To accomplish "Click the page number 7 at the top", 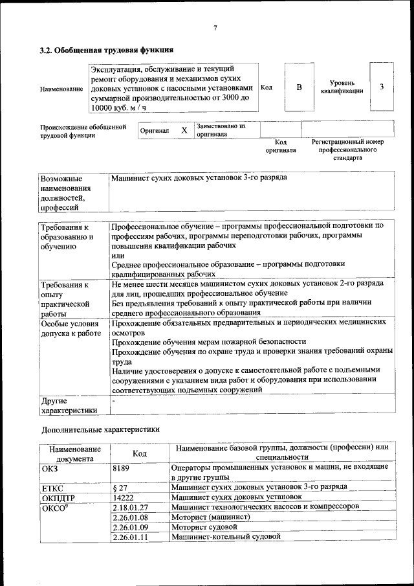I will [x=215, y=27].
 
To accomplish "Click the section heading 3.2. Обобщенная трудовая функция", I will [x=106, y=50].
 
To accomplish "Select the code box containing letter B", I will [x=299, y=87].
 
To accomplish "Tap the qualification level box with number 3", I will [x=382, y=87].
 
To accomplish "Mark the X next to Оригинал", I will [x=184, y=130].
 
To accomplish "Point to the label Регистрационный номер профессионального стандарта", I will [x=347, y=150].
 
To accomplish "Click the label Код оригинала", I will [x=280, y=146].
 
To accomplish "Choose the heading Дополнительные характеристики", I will [x=100, y=429].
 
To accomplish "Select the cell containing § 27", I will [x=119, y=486].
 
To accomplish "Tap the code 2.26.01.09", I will [x=130, y=527].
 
